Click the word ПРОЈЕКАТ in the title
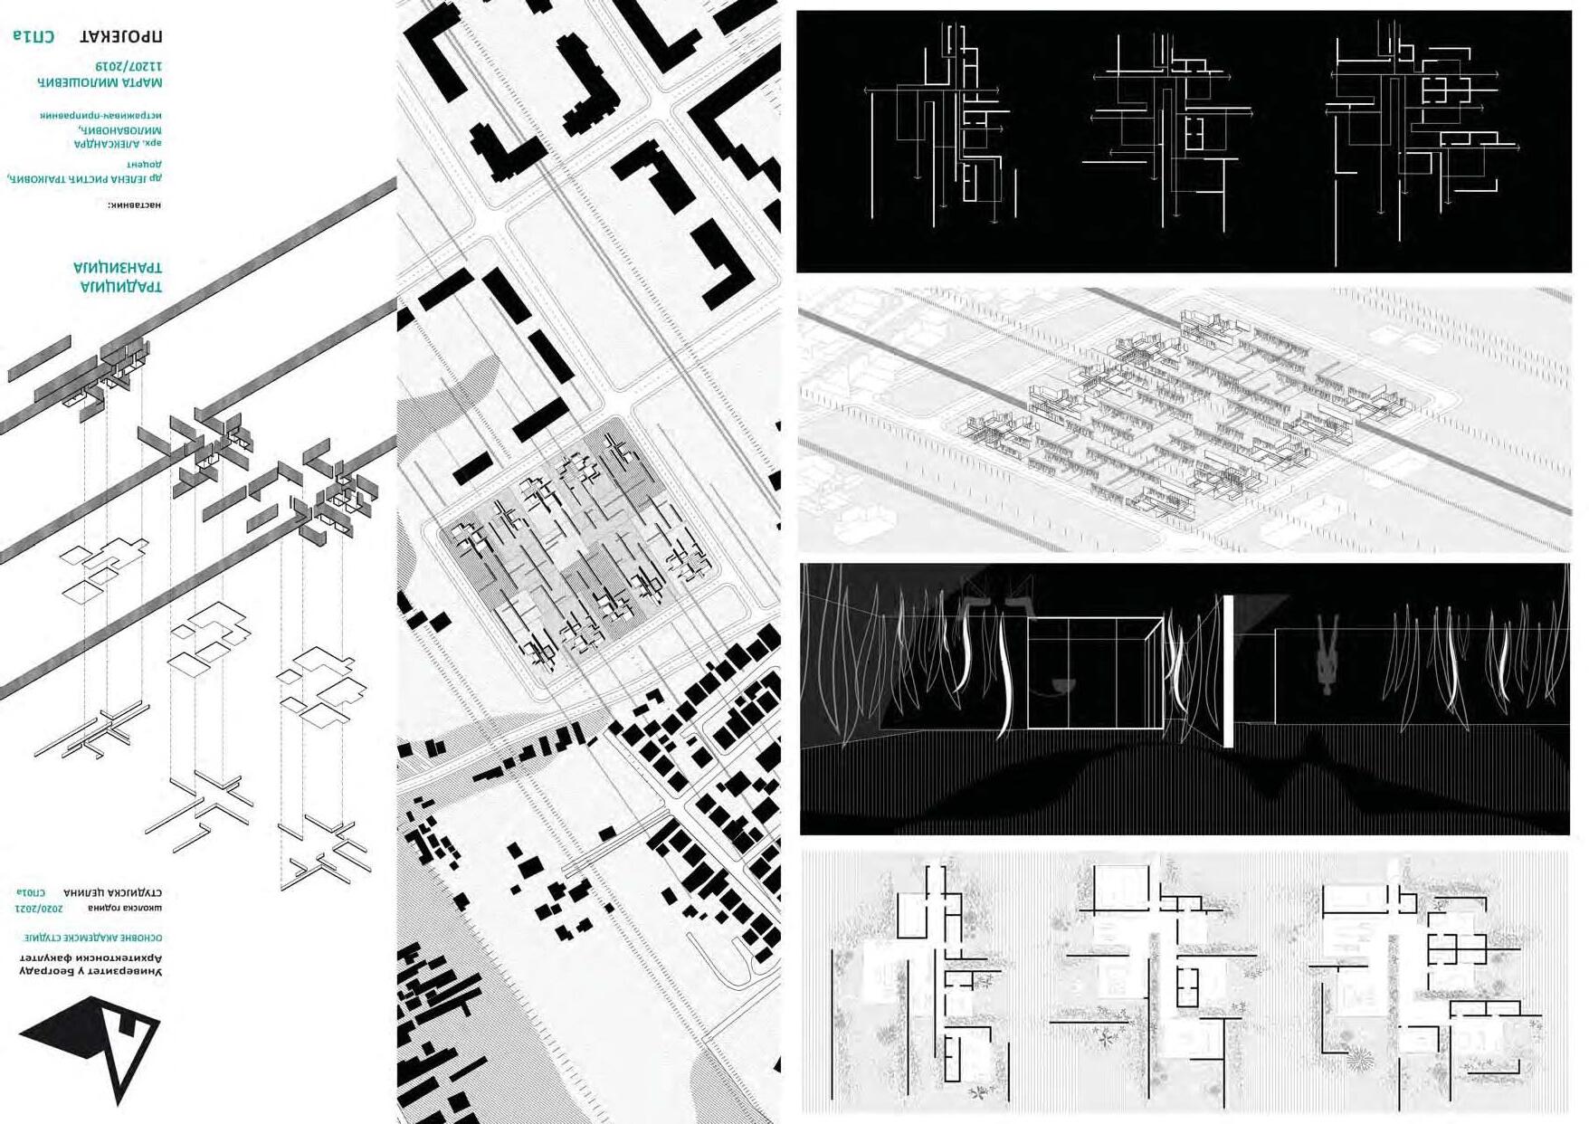(x=121, y=36)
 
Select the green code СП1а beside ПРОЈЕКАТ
(x=33, y=36)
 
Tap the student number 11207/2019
(x=128, y=67)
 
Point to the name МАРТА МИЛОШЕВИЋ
(x=100, y=82)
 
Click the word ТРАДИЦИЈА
(x=121, y=287)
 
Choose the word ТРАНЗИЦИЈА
(x=118, y=268)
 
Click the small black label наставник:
(x=134, y=205)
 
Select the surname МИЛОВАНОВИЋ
(x=120, y=130)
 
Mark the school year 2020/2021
(x=39, y=908)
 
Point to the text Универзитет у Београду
(x=91, y=971)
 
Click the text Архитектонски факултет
(x=91, y=957)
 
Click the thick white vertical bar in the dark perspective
(x=1228, y=671)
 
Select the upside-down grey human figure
(x=1327, y=655)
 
